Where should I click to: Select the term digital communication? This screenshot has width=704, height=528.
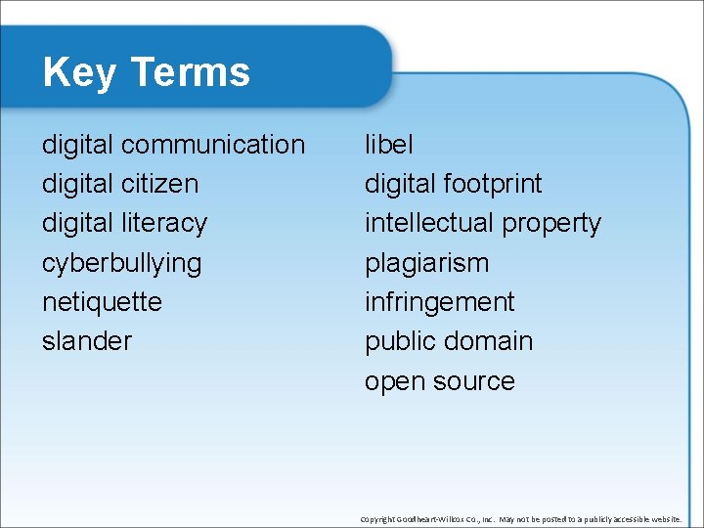coord(173,145)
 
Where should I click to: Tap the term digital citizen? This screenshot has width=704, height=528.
coord(119,184)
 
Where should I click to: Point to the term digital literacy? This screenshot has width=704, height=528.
coord(124,223)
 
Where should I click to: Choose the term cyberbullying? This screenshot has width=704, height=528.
coord(121,263)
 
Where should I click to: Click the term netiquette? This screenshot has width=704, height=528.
coord(102,302)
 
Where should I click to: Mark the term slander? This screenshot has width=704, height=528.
coord(87,341)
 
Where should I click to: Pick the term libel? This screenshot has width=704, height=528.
coord(389,145)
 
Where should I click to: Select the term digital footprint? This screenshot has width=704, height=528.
coord(453,184)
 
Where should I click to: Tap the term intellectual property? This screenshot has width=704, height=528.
coord(483,223)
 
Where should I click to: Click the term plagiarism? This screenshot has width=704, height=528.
coord(426,263)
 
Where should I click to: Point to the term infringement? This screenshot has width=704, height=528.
coord(439,302)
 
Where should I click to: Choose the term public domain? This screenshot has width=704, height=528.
coord(449,341)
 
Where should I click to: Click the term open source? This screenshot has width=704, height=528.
coord(439,381)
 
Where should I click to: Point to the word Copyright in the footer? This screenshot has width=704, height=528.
coord(377,519)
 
